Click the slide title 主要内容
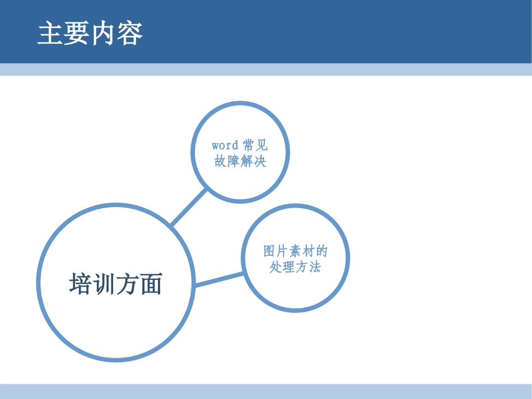point(90,34)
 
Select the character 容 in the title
point(130,34)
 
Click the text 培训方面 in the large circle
point(116,284)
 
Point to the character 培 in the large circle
point(81,284)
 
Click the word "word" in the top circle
point(225,145)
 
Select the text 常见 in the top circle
point(255,145)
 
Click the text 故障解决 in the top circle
point(240,162)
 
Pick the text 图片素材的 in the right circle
point(295,251)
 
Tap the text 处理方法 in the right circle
point(295,267)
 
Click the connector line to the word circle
point(189,207)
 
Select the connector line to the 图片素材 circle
point(219,279)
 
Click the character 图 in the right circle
point(269,251)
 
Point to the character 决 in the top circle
point(260,162)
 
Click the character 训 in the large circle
point(104,284)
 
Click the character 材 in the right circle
point(308,251)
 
